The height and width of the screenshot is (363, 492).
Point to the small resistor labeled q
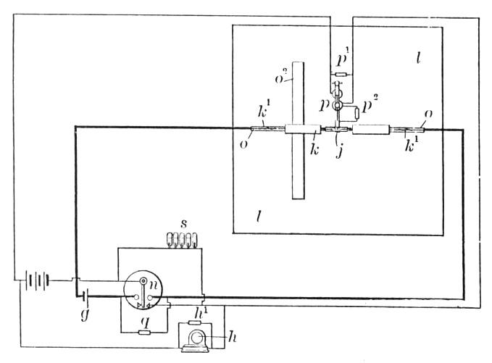(144, 333)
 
